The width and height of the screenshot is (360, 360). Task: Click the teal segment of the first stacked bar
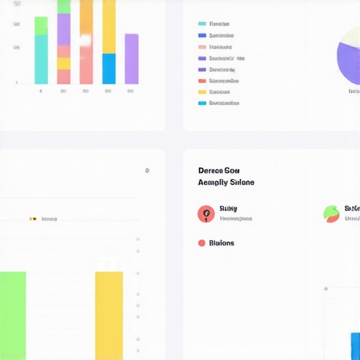[41, 60]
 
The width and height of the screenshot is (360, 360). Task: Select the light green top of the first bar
[41, 26]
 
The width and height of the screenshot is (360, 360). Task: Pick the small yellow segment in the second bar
[64, 63]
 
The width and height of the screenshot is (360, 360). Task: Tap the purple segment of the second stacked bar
[64, 30]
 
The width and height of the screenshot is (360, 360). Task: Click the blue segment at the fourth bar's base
[109, 69]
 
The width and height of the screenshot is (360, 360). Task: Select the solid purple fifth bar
[131, 59]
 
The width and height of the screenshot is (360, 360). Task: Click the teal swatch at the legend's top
[202, 24]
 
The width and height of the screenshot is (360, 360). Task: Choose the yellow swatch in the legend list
[202, 91]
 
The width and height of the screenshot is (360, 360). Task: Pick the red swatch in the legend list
[202, 80]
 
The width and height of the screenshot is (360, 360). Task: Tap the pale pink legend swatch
[202, 46]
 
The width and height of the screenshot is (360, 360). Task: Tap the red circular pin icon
[206, 214]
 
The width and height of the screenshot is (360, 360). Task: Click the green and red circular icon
[331, 214]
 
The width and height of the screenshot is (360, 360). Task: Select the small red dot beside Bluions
[202, 243]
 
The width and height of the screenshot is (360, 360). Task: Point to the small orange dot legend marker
[32, 219]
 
